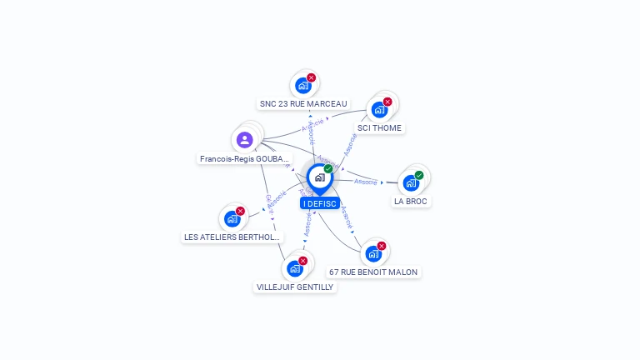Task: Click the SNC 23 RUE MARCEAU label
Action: [x=303, y=104]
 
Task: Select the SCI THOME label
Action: [x=379, y=128]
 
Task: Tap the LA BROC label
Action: [x=412, y=202]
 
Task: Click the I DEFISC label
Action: [x=320, y=203]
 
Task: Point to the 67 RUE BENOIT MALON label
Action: [x=373, y=272]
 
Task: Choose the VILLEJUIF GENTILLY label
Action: [x=295, y=287]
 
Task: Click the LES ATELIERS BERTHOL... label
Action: [x=232, y=237]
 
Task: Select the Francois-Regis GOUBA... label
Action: [x=245, y=158]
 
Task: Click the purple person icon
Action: [x=244, y=140]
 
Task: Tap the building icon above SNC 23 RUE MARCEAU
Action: [x=303, y=85]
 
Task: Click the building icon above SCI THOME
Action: [x=379, y=109]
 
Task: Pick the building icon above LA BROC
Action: [x=411, y=182]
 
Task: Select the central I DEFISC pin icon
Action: [x=319, y=177]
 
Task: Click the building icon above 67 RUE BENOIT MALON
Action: [x=373, y=253]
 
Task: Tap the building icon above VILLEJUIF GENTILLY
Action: [x=294, y=268]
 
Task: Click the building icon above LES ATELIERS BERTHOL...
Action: [x=232, y=218]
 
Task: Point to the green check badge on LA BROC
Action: [x=419, y=175]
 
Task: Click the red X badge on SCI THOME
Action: [x=387, y=102]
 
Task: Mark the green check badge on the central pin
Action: [x=328, y=169]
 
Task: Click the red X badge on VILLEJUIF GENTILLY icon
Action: [x=302, y=261]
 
